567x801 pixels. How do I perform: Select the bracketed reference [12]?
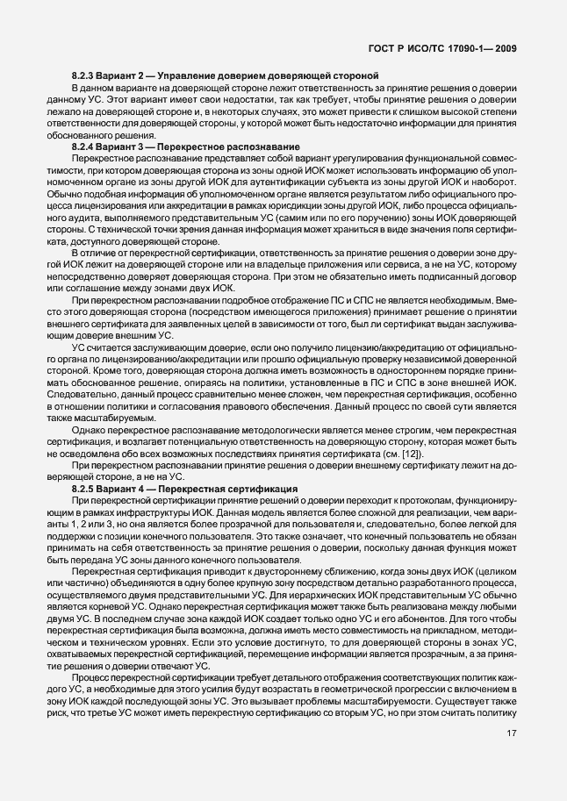pyautogui.click(x=412, y=454)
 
